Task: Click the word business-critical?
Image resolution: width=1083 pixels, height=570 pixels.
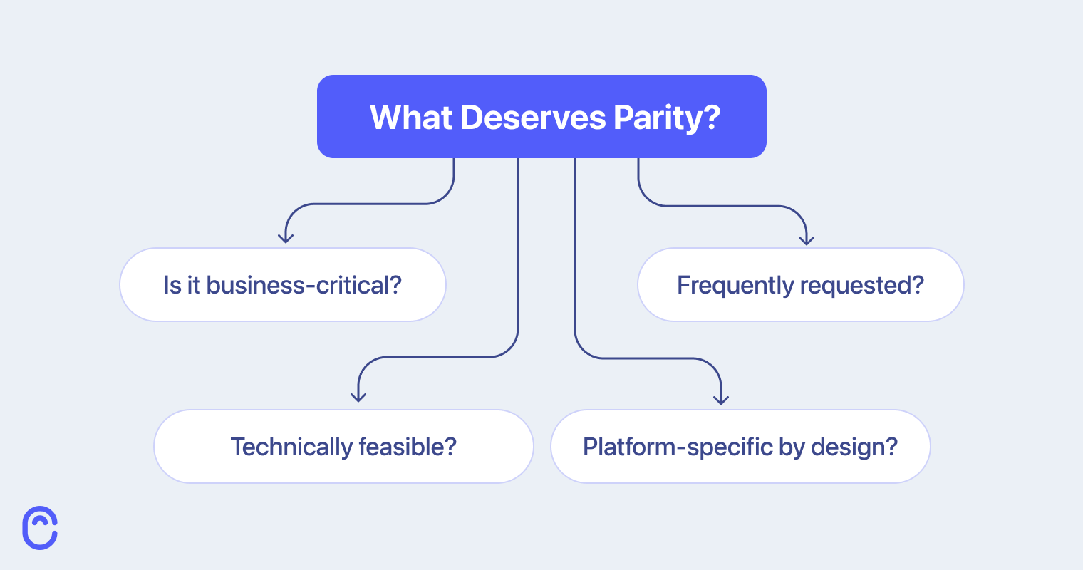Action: click(x=304, y=285)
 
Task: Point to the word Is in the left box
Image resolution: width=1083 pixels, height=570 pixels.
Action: click(x=172, y=285)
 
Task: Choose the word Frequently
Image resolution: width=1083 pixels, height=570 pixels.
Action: click(x=735, y=285)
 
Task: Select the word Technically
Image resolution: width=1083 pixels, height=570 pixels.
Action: click(x=291, y=447)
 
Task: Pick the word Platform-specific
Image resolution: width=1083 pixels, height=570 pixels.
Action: click(x=668, y=447)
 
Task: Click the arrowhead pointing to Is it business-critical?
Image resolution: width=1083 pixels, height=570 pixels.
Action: click(x=286, y=238)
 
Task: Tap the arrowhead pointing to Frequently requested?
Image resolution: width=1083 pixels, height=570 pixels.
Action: click(x=806, y=240)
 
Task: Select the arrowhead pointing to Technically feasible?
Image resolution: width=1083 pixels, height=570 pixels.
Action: click(x=358, y=396)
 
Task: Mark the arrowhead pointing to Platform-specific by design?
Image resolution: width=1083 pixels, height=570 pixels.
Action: click(x=721, y=399)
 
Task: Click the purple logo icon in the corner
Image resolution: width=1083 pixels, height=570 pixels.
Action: click(x=40, y=528)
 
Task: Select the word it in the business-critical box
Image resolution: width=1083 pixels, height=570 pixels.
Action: click(x=193, y=285)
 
